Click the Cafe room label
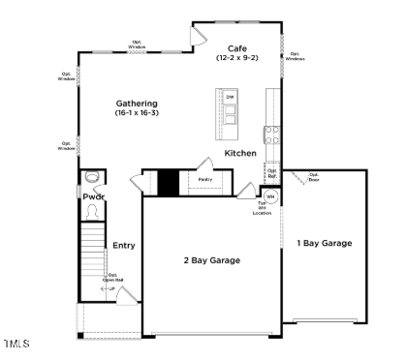(237, 48)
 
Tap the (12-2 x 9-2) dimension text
(237, 59)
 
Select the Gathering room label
(137, 104)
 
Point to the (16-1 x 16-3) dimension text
(137, 114)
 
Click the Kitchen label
(240, 154)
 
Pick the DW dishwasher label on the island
(230, 98)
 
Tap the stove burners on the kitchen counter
(272, 136)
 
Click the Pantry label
(205, 180)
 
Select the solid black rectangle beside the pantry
(167, 182)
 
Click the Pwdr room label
(93, 197)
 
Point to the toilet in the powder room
(92, 177)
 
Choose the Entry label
(123, 246)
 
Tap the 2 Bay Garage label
(211, 260)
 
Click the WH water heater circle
(270, 196)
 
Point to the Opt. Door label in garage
(313, 178)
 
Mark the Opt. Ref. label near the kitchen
(272, 176)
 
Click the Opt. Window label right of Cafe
(295, 56)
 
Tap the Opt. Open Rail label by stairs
(112, 278)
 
